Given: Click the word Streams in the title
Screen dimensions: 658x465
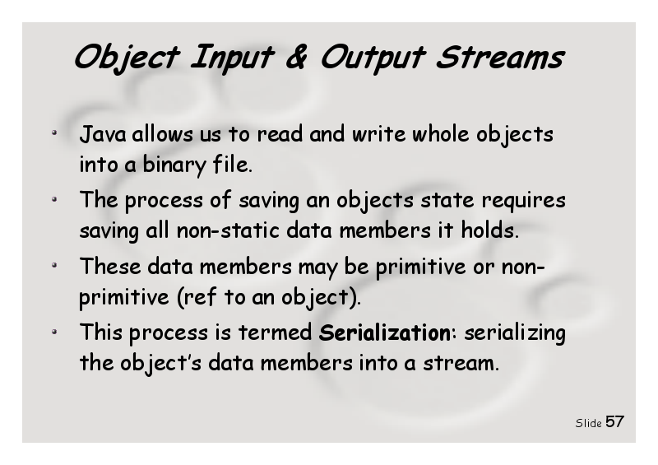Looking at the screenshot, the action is click(x=500, y=57).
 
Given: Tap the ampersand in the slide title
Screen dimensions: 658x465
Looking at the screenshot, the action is click(x=297, y=57).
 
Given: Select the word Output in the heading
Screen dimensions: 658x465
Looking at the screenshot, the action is click(x=373, y=58).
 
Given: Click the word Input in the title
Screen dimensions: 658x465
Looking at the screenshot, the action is click(x=232, y=58).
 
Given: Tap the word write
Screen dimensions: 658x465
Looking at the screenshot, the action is click(x=378, y=134).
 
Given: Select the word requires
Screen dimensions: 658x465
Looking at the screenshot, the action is click(x=523, y=201).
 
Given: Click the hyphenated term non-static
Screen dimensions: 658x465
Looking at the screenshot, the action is click(x=228, y=230).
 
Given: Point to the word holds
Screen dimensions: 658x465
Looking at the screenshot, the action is click(x=489, y=230).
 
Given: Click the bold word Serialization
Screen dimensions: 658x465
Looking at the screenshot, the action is click(x=384, y=333).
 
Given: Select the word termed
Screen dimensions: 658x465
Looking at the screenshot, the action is click(x=275, y=332).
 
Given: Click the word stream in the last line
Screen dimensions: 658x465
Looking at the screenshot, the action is click(x=461, y=363).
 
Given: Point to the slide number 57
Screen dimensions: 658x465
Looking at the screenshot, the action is click(x=614, y=421).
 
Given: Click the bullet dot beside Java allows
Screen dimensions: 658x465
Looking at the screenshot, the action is click(x=54, y=133).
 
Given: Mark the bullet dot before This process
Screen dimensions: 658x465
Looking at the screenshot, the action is click(x=54, y=332).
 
